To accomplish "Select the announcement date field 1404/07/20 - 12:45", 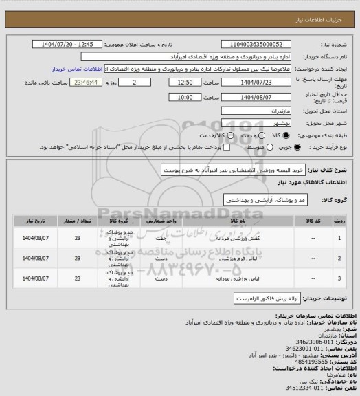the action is click(73, 44).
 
